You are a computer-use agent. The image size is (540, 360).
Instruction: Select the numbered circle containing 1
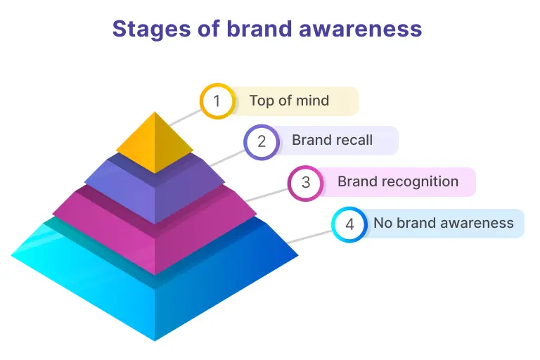point(217,101)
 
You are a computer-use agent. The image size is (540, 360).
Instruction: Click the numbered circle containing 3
point(305,183)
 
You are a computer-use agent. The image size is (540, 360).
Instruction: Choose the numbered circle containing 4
point(349,224)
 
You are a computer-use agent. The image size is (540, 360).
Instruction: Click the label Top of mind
point(289,100)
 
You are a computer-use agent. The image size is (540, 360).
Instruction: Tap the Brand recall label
point(332,140)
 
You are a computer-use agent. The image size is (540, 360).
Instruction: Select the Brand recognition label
point(397,181)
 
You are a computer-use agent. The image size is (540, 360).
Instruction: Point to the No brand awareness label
point(443,224)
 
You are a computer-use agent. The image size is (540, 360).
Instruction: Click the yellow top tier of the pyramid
point(155,144)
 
